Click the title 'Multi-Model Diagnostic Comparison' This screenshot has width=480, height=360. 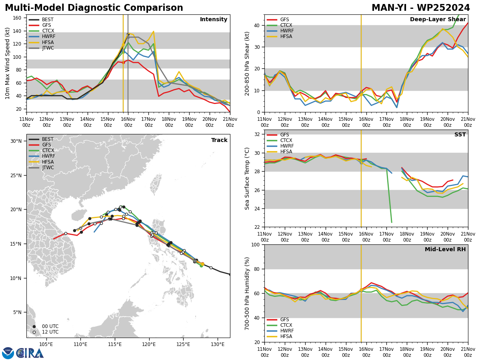coord(94,8)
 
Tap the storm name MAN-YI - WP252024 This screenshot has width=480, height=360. coord(421,8)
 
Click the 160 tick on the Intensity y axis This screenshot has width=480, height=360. coord(17,18)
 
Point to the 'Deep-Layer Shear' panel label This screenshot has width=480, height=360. coord(438,19)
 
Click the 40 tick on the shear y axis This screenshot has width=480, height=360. coord(257,26)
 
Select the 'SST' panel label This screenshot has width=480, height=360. coord(460,134)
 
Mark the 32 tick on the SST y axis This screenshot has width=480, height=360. coord(257,134)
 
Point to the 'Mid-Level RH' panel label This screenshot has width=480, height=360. coord(445,249)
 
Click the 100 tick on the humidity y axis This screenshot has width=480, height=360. coord(256,245)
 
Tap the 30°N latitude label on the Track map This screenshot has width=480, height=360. coord(16,141)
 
